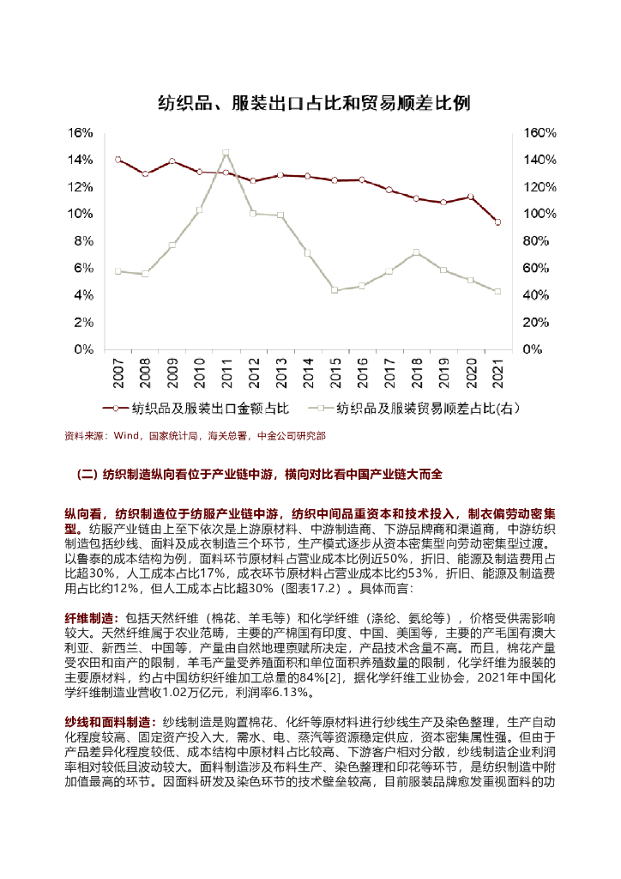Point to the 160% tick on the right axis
(x=540, y=133)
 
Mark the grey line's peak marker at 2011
(x=226, y=153)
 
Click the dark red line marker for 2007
(x=118, y=160)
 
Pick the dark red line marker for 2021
(x=497, y=221)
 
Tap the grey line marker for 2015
(x=335, y=290)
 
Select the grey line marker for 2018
(x=416, y=252)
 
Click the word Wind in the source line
(x=126, y=436)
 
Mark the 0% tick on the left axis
(x=83, y=349)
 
